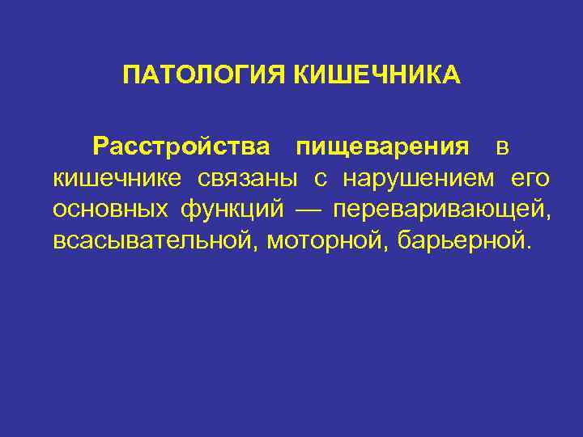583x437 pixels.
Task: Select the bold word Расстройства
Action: tap(181, 146)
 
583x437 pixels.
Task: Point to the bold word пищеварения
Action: tap(382, 146)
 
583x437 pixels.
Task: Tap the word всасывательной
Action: tap(153, 240)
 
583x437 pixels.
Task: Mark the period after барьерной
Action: tap(531, 247)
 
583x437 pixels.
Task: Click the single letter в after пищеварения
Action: tap(502, 147)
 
